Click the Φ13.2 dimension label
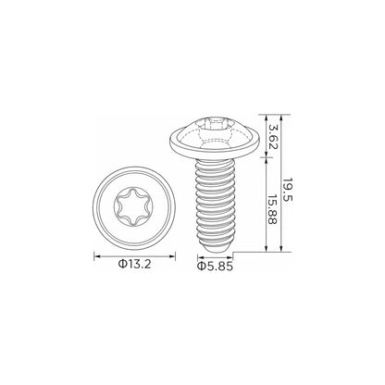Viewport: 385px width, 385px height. [x=135, y=264]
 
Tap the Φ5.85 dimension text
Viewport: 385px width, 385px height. [x=215, y=267]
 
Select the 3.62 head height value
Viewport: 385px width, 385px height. [x=273, y=137]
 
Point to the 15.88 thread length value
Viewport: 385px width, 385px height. [x=272, y=209]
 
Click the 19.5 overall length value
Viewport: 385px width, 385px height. [x=288, y=190]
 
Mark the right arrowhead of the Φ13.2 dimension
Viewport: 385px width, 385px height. [x=171, y=256]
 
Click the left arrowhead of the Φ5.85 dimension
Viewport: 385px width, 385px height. [x=201, y=257]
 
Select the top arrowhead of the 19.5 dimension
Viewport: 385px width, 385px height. [x=280, y=118]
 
